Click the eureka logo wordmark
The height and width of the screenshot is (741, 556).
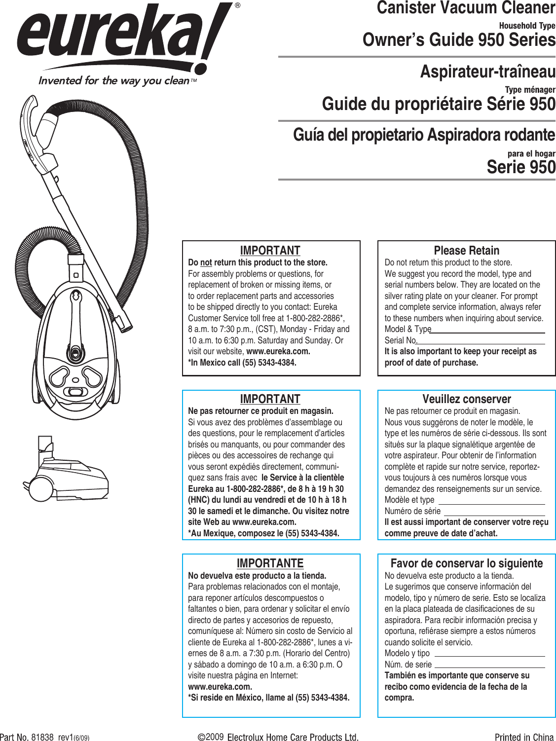coord(118,37)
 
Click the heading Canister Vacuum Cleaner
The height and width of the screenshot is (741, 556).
coord(466,8)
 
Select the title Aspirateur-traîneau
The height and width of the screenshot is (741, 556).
coord(487,72)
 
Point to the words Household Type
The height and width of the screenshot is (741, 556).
coord(527,26)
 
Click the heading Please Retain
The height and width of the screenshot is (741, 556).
coord(466,251)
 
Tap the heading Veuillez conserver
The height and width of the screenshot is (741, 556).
coord(466,399)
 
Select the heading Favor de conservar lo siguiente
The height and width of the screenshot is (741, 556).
coord(466,563)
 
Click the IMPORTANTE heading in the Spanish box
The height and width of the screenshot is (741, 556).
coord(270,563)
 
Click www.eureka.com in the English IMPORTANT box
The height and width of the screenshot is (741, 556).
coord(278,352)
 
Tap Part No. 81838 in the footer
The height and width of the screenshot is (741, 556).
coord(27,737)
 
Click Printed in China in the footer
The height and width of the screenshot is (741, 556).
coord(524,737)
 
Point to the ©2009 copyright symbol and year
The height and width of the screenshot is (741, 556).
coord(211,737)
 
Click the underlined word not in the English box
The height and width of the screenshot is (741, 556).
coord(206,263)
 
